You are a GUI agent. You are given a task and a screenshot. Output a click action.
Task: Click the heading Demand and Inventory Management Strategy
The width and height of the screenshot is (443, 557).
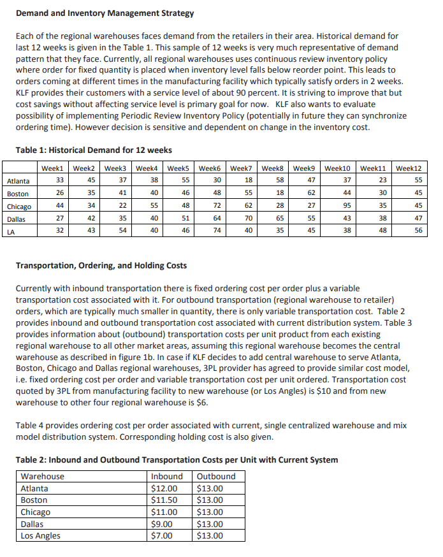(105, 13)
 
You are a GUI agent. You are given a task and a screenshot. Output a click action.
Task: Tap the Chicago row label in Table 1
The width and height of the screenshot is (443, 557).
(20, 206)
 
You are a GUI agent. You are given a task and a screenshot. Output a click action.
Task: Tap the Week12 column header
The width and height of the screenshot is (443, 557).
(409, 168)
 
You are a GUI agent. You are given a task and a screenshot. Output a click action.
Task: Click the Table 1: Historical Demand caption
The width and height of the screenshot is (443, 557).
(94, 150)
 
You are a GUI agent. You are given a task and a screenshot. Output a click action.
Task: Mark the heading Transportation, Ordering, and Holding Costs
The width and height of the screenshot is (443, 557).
(101, 265)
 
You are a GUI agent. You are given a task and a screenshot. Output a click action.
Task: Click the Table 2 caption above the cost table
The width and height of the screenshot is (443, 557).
(177, 459)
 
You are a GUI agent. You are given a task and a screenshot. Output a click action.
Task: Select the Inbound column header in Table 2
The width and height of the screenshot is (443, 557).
(167, 477)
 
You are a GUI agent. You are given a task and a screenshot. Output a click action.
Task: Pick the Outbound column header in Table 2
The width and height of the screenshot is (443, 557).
(216, 477)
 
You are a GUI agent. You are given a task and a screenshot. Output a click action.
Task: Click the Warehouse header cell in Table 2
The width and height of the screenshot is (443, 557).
(43, 477)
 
